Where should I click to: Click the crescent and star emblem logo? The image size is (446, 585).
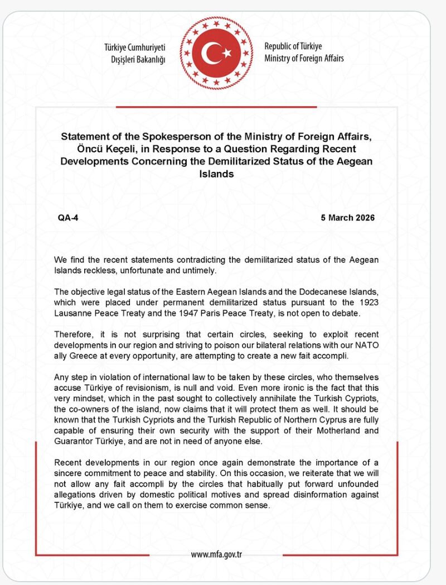[x=215, y=53]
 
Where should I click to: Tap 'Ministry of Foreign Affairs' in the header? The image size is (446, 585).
[x=304, y=58]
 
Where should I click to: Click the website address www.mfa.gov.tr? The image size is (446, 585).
[x=216, y=554]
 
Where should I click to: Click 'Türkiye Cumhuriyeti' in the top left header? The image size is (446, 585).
[x=135, y=47]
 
